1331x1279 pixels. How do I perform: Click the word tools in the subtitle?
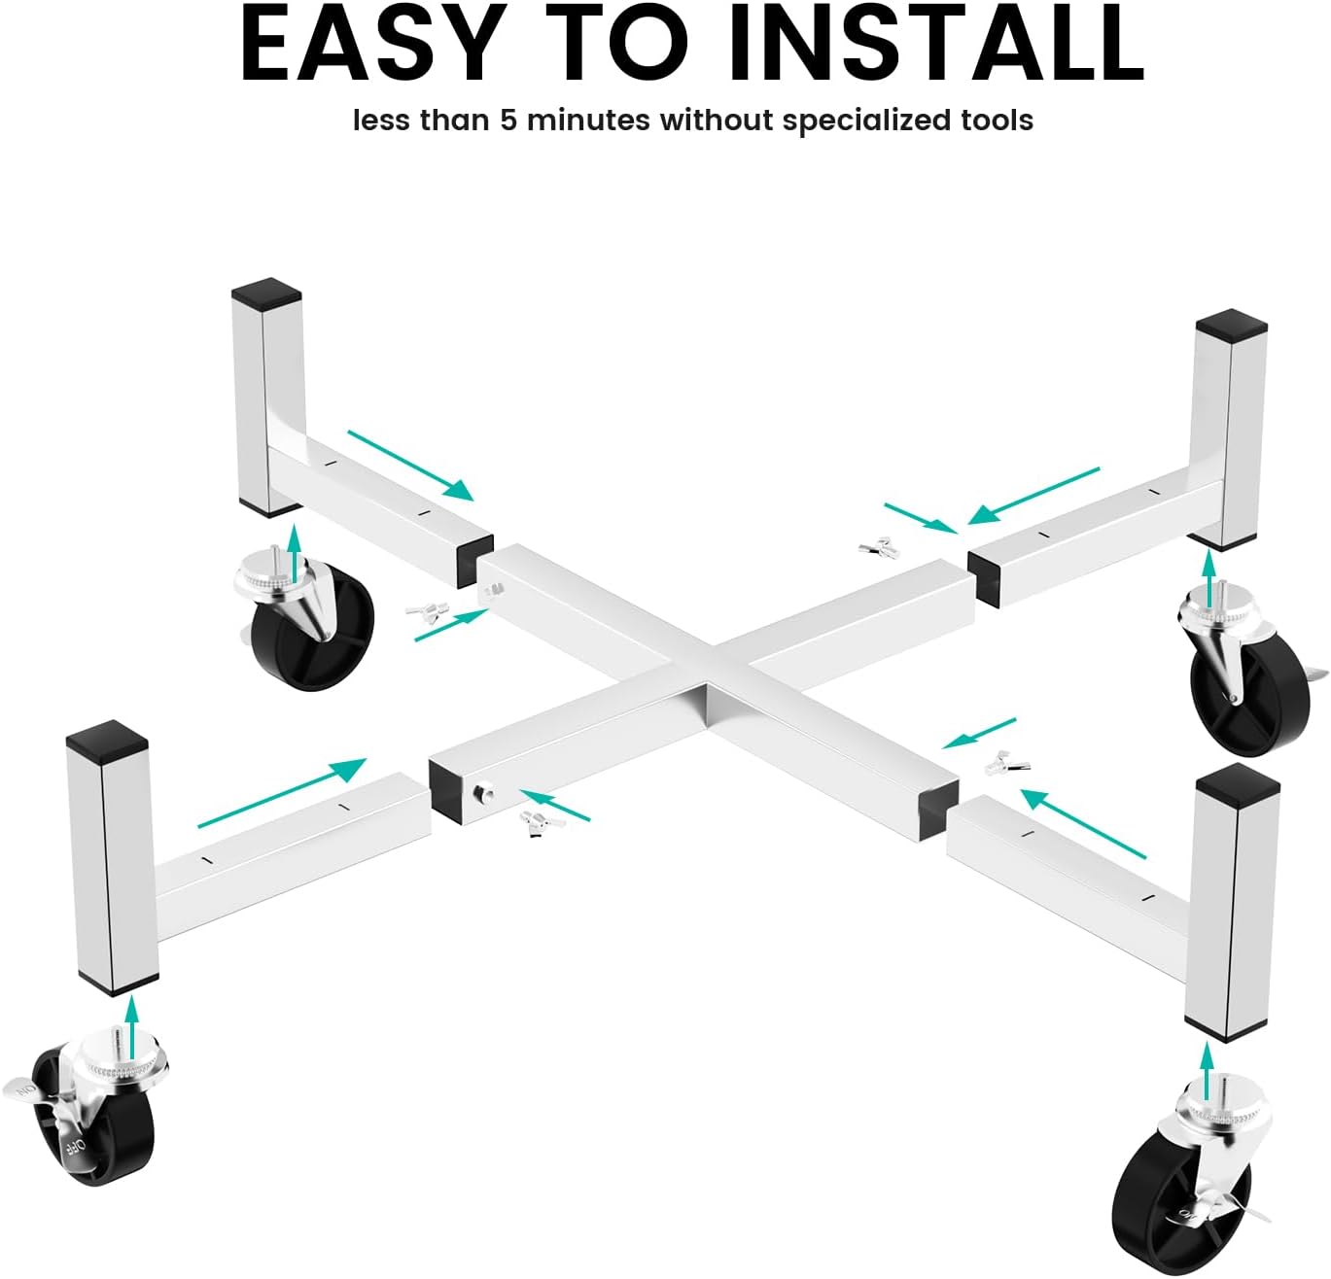993,121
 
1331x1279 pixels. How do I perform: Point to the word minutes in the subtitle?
587,121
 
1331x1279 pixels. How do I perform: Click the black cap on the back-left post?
266,294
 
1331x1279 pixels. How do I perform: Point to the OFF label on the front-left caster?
75,1146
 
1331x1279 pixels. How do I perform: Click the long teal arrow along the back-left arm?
411,466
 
